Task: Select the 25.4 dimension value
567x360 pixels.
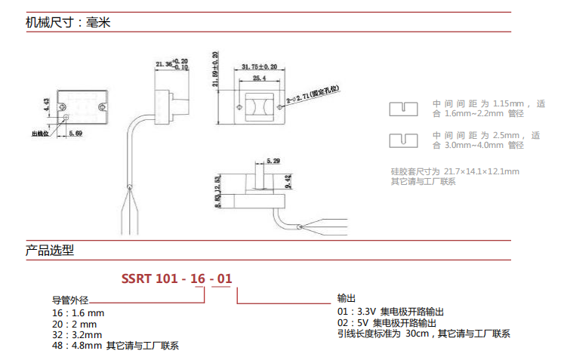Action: [259, 78]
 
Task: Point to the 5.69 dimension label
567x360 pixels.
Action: [75, 134]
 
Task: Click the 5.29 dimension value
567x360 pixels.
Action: [273, 161]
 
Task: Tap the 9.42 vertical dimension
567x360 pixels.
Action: [289, 181]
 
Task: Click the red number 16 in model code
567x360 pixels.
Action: [198, 278]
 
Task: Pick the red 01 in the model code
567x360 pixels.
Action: [224, 278]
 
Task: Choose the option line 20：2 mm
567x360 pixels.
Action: [70, 323]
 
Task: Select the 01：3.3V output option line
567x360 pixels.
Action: [390, 311]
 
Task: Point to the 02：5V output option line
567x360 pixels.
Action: [386, 322]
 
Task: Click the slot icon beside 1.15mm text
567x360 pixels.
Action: [403, 109]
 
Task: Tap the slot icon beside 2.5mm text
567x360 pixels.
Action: [403, 140]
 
